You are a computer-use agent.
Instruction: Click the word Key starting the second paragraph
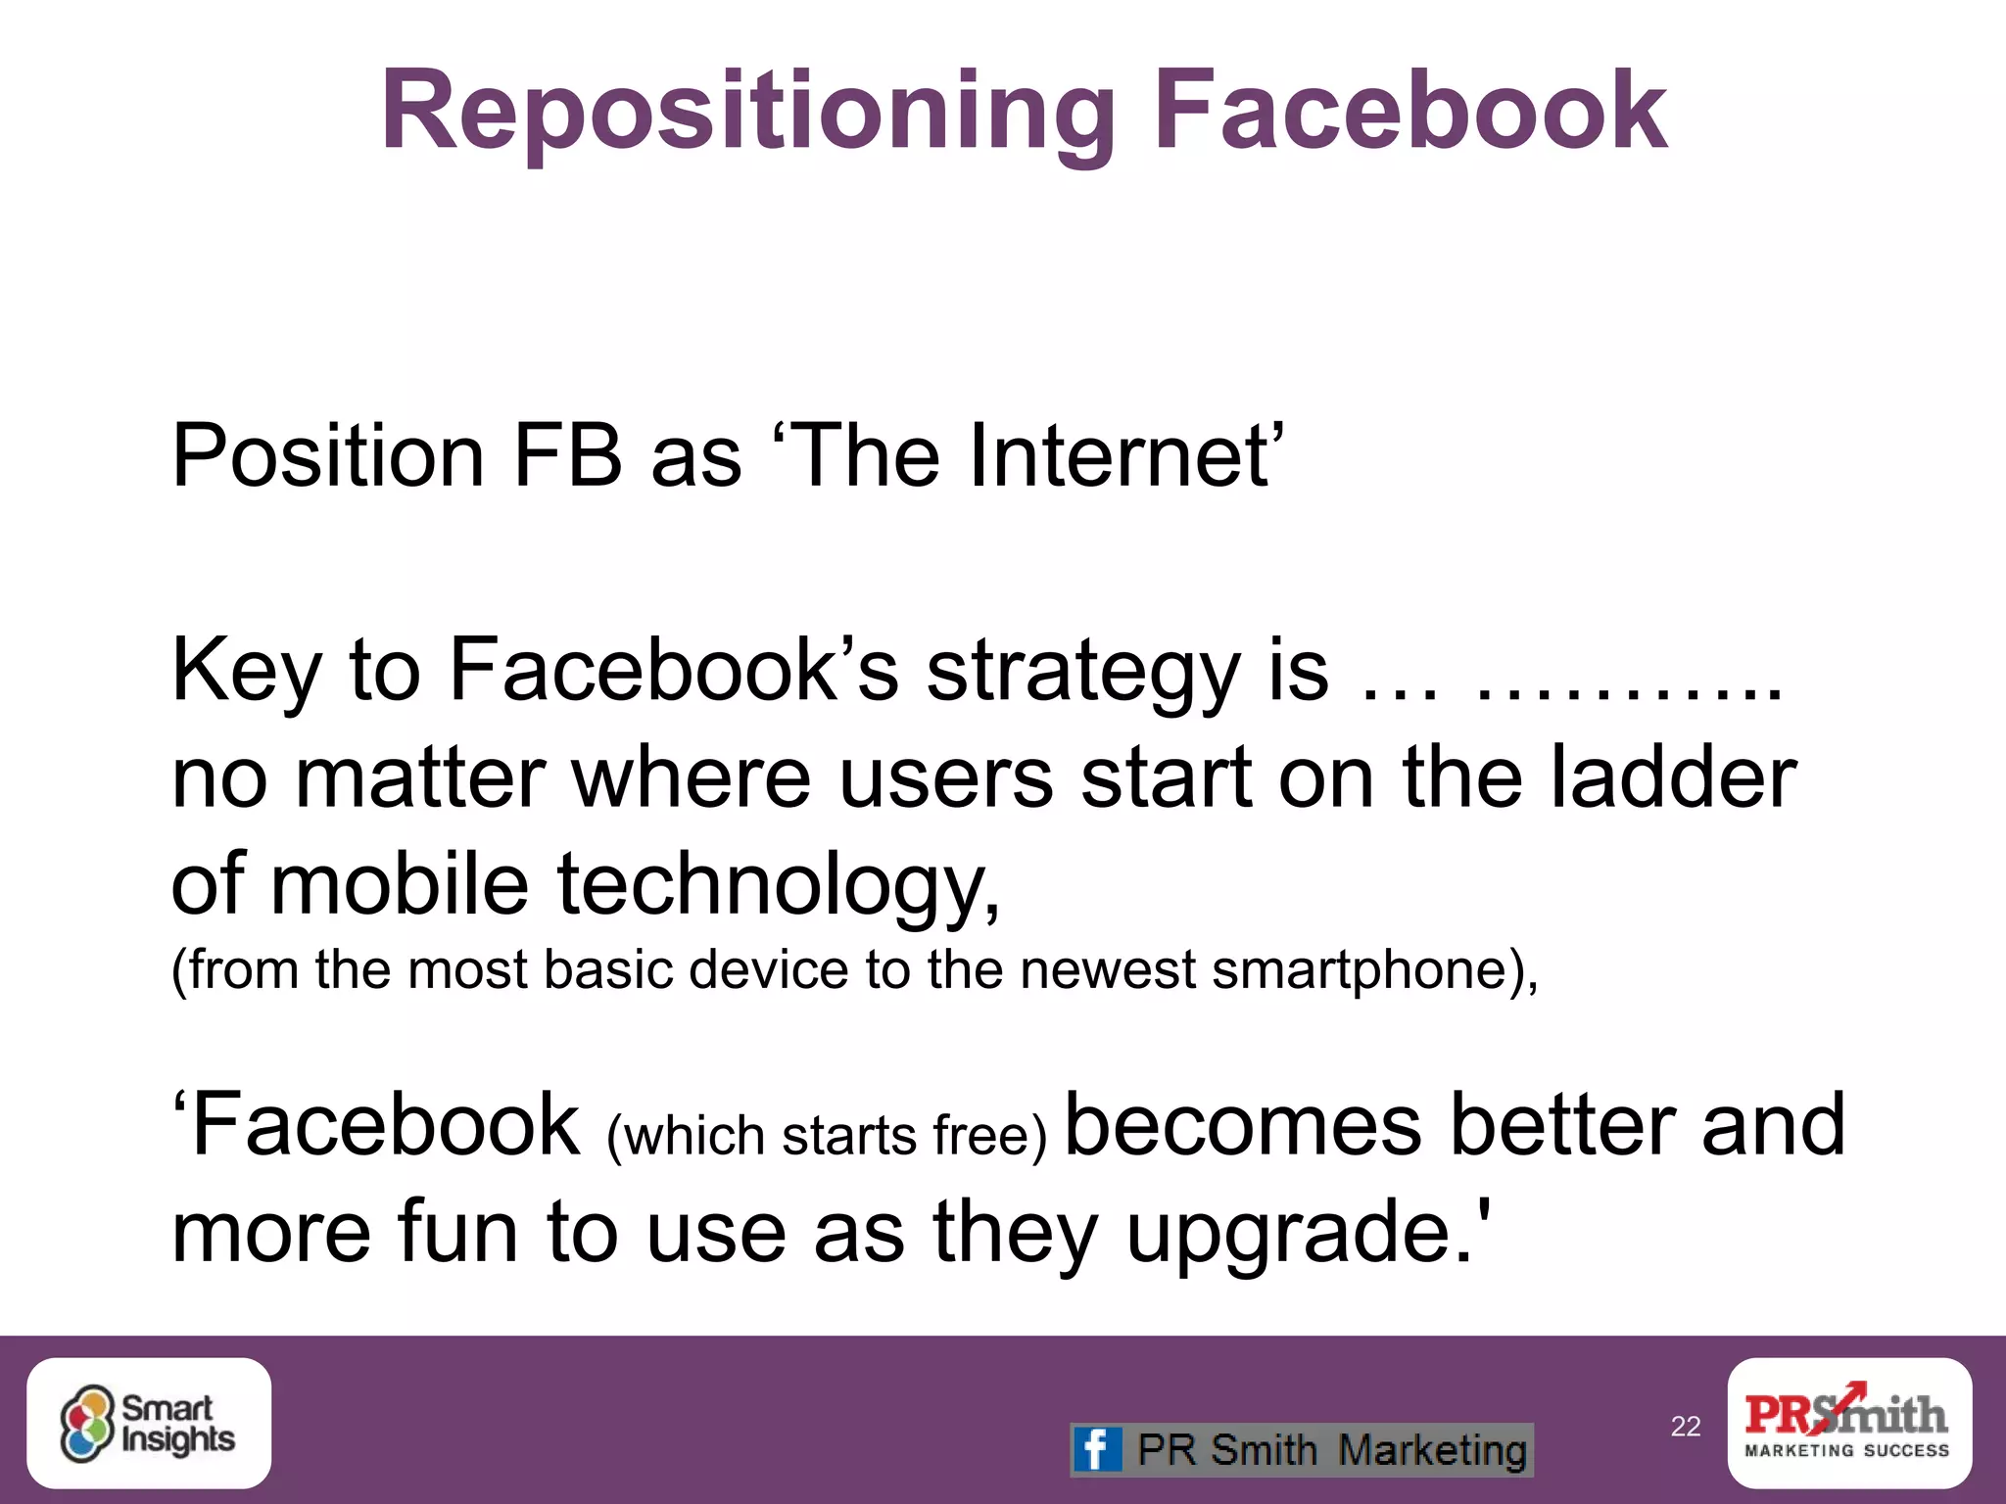point(246,672)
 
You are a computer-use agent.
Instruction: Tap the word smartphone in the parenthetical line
point(1362,970)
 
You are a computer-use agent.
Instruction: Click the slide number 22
point(1686,1427)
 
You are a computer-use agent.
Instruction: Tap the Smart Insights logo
point(149,1424)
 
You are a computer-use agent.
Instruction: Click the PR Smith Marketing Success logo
point(1848,1423)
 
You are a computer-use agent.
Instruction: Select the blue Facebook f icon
point(1096,1449)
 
